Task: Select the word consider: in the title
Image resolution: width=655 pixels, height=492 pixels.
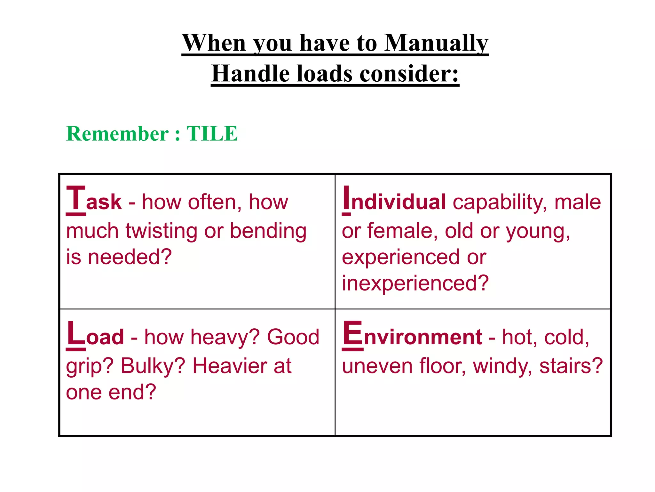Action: pyautogui.click(x=409, y=74)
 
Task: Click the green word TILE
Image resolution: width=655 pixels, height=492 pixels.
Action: pyautogui.click(x=212, y=134)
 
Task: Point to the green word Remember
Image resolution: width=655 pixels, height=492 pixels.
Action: pyautogui.click(x=117, y=134)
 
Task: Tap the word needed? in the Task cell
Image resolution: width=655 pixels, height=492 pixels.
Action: pyautogui.click(x=130, y=257)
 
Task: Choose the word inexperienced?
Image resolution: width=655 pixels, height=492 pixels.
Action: pyautogui.click(x=415, y=283)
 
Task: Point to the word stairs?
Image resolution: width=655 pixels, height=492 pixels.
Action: pyautogui.click(x=571, y=366)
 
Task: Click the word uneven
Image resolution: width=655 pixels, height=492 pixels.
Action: pyautogui.click(x=377, y=366)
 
